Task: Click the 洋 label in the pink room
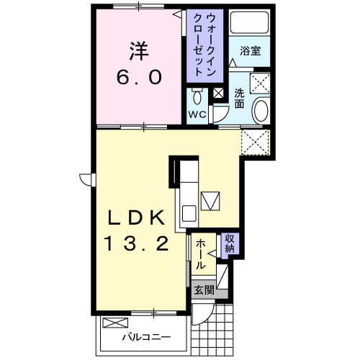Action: [139, 51]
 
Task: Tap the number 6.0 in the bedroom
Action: [139, 77]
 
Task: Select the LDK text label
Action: [137, 217]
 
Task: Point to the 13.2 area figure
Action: [137, 243]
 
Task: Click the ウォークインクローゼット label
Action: [204, 45]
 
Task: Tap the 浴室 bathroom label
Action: [251, 51]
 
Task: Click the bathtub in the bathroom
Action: [250, 22]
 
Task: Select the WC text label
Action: [197, 114]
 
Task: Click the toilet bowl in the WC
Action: [197, 97]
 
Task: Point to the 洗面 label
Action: [239, 99]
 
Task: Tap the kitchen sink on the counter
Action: [189, 213]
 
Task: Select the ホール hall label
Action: [201, 254]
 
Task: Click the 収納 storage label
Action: [230, 243]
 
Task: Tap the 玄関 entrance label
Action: [204, 291]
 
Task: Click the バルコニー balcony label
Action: [147, 337]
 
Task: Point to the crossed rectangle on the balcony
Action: [115, 323]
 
